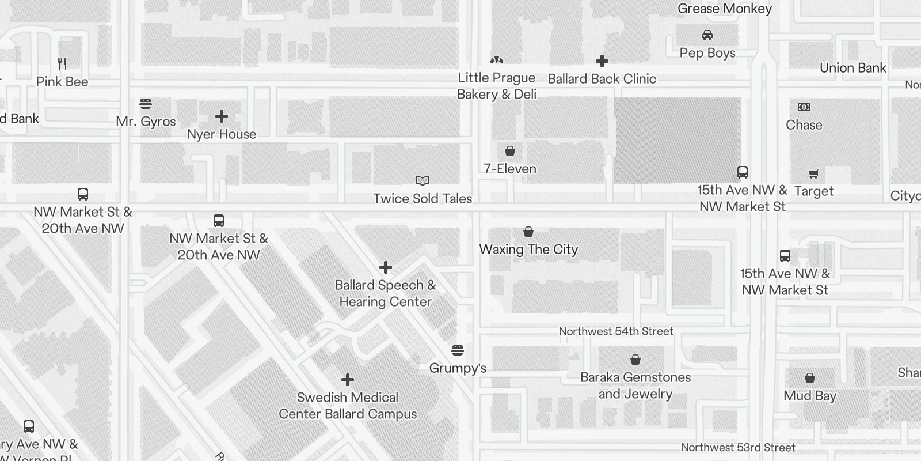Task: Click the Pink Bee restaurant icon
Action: [x=62, y=63]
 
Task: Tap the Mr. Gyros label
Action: [x=146, y=122]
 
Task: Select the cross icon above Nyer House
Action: [x=222, y=116]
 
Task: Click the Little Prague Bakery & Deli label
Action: [x=497, y=86]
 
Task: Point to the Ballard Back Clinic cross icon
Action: [x=602, y=61]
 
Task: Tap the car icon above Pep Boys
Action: [x=707, y=35]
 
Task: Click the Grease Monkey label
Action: [x=724, y=9]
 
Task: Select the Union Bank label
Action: [x=853, y=68]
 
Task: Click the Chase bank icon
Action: [x=804, y=107]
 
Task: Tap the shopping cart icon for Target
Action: [x=814, y=173]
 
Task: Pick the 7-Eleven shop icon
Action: [x=510, y=151]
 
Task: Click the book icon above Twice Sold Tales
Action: [x=423, y=181]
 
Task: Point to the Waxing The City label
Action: [x=528, y=250]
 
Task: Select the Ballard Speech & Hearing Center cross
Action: [x=386, y=267]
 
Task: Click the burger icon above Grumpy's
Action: [x=458, y=350]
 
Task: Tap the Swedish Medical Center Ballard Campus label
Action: [x=348, y=406]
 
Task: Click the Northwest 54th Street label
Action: [x=616, y=331]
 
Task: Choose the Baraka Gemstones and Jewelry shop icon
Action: [x=635, y=360]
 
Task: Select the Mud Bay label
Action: [x=809, y=396]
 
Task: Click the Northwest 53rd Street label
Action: [x=738, y=447]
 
